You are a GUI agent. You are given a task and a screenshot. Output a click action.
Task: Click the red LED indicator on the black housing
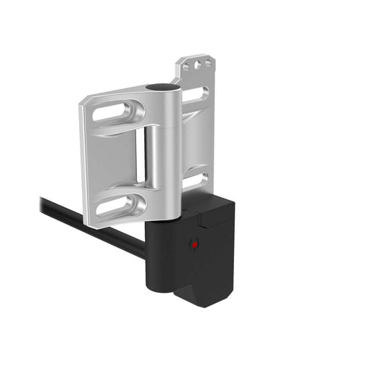coord(194,245)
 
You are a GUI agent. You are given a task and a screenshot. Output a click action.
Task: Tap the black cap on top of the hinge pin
coord(159,88)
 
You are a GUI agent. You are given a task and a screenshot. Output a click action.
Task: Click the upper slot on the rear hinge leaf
coord(197,94)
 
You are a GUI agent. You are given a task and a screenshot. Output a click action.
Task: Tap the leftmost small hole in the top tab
coord(187,67)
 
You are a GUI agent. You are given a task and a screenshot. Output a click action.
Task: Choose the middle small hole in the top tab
coord(197,64)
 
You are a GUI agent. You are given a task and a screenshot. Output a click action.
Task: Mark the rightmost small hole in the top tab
coord(207,63)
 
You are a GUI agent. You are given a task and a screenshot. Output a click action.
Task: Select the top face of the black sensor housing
coord(210,207)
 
